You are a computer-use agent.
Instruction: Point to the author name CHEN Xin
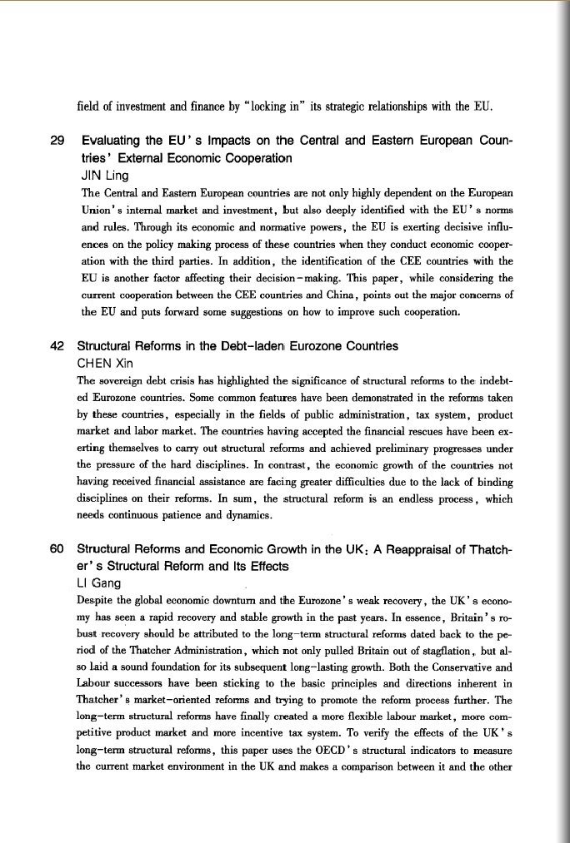coord(106,363)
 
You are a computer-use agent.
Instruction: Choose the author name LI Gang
coord(98,583)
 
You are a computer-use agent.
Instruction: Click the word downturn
coord(227,601)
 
